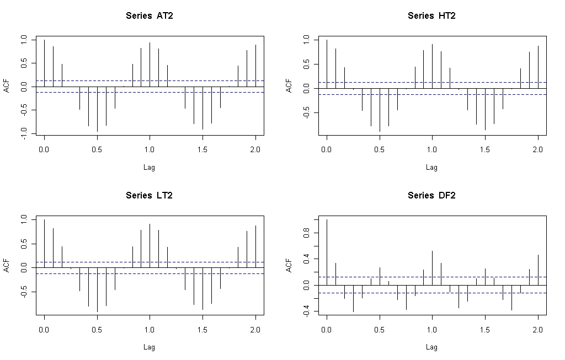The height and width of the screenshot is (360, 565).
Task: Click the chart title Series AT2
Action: (149, 15)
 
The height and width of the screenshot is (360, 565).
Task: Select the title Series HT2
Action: (431, 15)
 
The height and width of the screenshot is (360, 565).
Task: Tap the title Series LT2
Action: (149, 195)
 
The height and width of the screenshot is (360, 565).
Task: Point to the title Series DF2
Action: (431, 195)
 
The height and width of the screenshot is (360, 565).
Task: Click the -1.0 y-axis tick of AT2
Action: (24, 133)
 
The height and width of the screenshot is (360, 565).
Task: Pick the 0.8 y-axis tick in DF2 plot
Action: (306, 233)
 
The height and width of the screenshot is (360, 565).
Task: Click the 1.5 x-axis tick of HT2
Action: (485, 149)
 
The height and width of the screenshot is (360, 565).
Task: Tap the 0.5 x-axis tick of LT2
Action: (97, 329)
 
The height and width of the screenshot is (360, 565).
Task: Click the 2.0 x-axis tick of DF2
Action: (538, 329)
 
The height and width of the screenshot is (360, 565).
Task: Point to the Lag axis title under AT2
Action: (149, 167)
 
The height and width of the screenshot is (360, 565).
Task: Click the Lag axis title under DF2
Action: (431, 347)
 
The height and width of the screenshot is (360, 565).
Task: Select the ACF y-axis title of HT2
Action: (289, 85)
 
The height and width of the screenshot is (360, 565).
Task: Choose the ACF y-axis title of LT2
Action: (6, 265)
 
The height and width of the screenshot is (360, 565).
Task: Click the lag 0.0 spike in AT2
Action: (44, 63)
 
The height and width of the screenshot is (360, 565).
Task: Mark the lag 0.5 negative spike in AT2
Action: (97, 109)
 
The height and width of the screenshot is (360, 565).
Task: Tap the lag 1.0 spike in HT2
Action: (433, 66)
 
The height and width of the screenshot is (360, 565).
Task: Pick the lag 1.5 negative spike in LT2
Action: (203, 289)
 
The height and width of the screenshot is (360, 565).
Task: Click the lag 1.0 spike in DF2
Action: (433, 268)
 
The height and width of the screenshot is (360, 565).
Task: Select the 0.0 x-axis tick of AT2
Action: (44, 149)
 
